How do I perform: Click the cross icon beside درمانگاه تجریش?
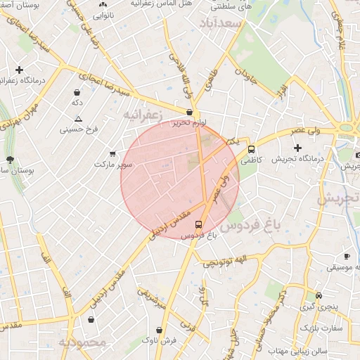tap(298, 148)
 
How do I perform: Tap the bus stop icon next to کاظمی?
tap(251, 149)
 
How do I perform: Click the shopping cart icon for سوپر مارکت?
tap(112, 153)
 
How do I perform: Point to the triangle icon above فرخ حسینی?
tap(78, 119)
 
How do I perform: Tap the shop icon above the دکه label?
tap(77, 92)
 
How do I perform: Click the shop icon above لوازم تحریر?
tap(190, 112)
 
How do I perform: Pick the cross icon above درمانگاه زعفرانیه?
tap(19, 70)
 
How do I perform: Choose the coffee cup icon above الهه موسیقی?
tap(346, 257)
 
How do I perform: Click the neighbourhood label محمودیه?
tap(82, 342)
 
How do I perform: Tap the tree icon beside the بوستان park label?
tap(9, 160)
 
